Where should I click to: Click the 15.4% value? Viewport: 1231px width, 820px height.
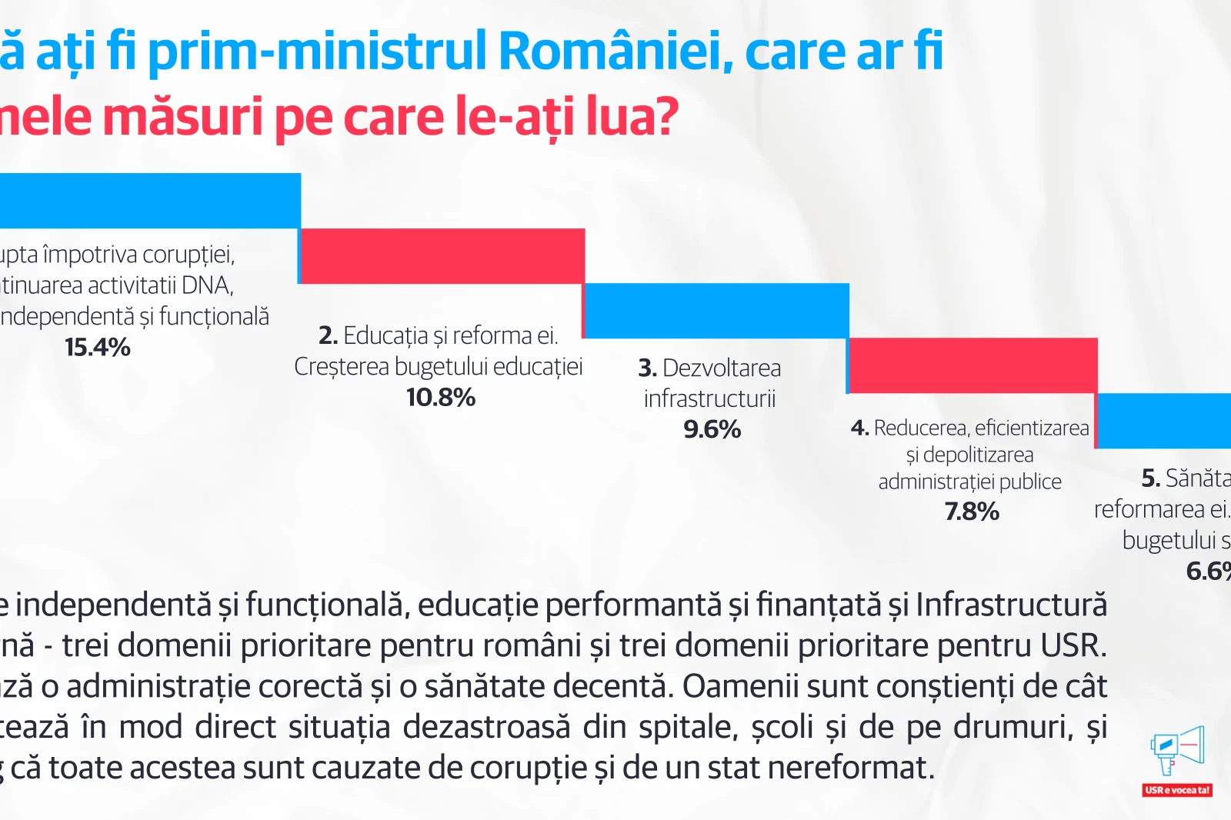[98, 348]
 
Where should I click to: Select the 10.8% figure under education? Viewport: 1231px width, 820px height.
[441, 398]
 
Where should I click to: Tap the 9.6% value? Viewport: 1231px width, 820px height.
[712, 429]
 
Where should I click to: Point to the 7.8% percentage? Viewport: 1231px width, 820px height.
[972, 512]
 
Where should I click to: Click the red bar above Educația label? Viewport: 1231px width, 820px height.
[442, 256]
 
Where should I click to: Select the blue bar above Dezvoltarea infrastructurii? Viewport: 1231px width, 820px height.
[716, 311]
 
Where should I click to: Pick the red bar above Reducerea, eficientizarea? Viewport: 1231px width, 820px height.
[972, 365]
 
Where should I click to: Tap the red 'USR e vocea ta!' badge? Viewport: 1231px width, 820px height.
[1177, 790]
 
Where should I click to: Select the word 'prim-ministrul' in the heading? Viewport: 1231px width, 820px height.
[317, 51]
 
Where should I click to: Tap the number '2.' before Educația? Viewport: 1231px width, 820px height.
[328, 336]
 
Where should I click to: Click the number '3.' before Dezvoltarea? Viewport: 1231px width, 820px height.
[647, 368]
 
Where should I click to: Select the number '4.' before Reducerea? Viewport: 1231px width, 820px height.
[859, 428]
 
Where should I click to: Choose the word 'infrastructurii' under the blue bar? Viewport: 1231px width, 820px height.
[709, 399]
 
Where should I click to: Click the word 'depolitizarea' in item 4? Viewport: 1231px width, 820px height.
[978, 455]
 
